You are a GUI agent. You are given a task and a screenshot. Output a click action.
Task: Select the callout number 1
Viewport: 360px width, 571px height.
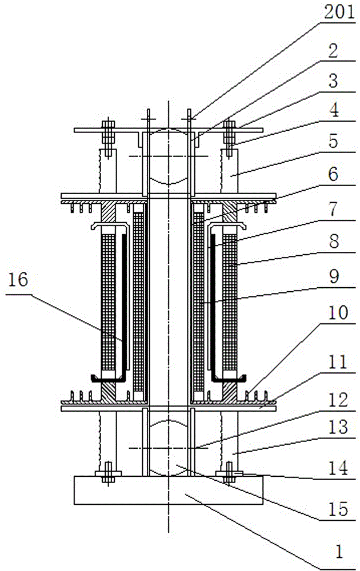click(x=339, y=552)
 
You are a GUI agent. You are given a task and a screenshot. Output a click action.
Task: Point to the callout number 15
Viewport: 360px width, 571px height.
click(x=338, y=509)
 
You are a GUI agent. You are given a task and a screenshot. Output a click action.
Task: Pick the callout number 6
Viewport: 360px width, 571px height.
click(x=333, y=174)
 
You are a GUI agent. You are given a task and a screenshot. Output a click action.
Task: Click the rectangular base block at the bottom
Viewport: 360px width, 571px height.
click(x=169, y=490)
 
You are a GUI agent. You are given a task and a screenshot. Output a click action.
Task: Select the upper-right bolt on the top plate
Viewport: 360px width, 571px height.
click(x=229, y=138)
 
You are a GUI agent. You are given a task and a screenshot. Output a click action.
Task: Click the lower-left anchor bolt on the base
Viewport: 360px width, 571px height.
click(x=108, y=473)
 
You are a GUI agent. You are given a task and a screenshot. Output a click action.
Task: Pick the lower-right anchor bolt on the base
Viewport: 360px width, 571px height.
click(x=229, y=473)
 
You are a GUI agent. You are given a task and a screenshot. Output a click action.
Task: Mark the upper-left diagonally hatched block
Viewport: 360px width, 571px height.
click(x=108, y=212)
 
